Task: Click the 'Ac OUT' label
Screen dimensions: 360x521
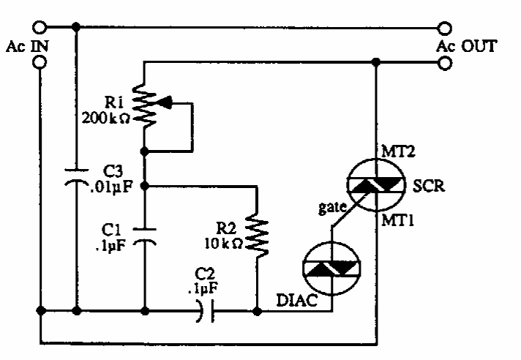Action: pos(466,47)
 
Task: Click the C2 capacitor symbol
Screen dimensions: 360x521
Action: pos(207,311)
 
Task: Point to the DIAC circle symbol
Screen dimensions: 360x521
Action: pos(331,269)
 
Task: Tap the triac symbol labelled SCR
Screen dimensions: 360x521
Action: pos(377,186)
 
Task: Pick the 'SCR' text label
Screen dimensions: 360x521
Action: pos(429,186)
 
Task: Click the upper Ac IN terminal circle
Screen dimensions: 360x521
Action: pos(40,28)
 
